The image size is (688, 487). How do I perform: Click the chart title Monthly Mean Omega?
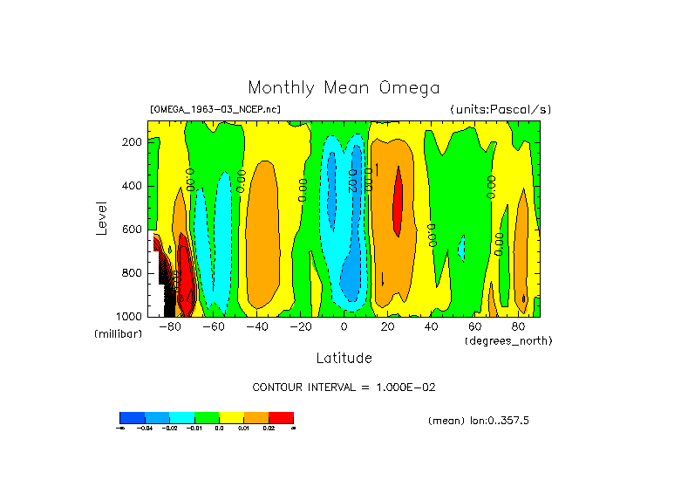pyautogui.click(x=344, y=88)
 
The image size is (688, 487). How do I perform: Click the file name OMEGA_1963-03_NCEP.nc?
pyautogui.click(x=215, y=110)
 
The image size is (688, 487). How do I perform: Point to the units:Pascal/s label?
pyautogui.click(x=501, y=110)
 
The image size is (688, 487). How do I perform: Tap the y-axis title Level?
pyautogui.click(x=102, y=217)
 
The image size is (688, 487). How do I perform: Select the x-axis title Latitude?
pyautogui.click(x=344, y=358)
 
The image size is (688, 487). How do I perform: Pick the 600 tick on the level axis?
pyautogui.click(x=133, y=230)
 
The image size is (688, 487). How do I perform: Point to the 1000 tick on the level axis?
pyautogui.click(x=130, y=316)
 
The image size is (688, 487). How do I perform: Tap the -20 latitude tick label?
pyautogui.click(x=301, y=326)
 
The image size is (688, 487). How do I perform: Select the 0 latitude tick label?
pyautogui.click(x=344, y=326)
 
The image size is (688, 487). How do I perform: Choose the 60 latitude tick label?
pyautogui.click(x=474, y=326)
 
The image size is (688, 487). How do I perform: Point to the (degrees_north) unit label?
pyautogui.click(x=507, y=340)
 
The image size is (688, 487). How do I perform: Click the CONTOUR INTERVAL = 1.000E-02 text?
pyautogui.click(x=344, y=387)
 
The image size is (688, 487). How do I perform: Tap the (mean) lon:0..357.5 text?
pyautogui.click(x=479, y=421)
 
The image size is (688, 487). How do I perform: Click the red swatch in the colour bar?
pyautogui.click(x=281, y=417)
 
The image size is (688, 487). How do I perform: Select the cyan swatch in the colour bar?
pyautogui.click(x=181, y=417)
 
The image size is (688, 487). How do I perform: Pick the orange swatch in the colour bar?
pyautogui.click(x=256, y=417)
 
